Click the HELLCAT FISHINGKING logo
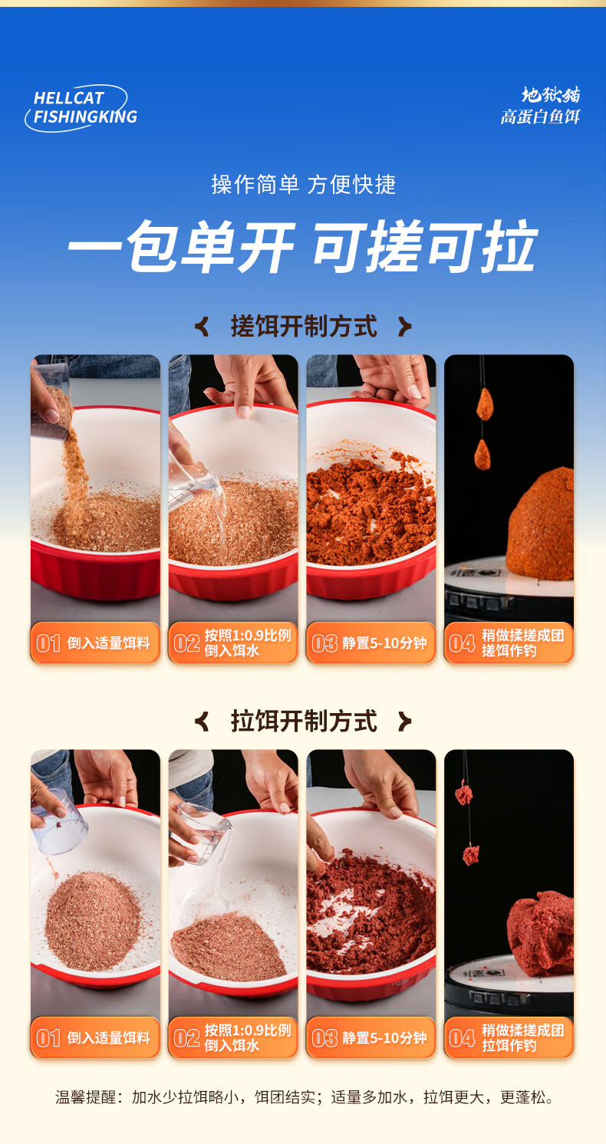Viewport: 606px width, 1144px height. [81, 108]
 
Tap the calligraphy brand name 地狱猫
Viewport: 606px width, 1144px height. [551, 94]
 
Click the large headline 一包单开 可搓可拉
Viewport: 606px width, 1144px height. [303, 246]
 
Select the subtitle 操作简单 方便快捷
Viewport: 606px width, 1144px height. [304, 184]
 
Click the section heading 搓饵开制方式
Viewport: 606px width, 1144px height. [304, 327]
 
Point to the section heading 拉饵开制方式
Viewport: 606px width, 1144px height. [304, 721]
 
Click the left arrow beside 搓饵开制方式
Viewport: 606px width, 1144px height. [203, 327]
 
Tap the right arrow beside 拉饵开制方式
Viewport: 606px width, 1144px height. [405, 721]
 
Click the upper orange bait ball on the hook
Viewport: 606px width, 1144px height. [484, 404]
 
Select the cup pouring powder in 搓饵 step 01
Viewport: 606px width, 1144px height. [51, 401]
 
